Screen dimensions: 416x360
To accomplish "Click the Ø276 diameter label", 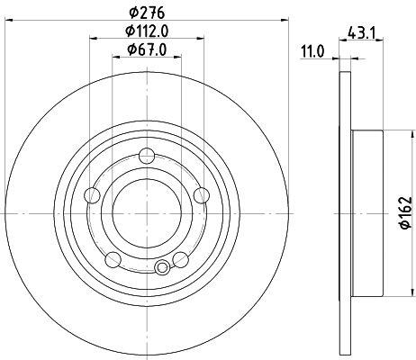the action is (147, 13).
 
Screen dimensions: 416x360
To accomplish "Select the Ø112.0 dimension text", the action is (147, 31).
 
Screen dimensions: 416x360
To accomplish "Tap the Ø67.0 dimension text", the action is (147, 49).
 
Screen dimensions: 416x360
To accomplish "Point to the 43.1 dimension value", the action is (362, 32).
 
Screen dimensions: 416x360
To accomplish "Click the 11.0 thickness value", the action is (313, 51).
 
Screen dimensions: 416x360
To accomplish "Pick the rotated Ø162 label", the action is (406, 212).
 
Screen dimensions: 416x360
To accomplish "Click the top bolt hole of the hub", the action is (147, 157).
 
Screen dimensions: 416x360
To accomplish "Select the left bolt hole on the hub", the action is (92, 196).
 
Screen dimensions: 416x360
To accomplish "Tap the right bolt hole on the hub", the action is (202, 196).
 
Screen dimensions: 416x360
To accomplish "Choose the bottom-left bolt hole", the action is (113, 260).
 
